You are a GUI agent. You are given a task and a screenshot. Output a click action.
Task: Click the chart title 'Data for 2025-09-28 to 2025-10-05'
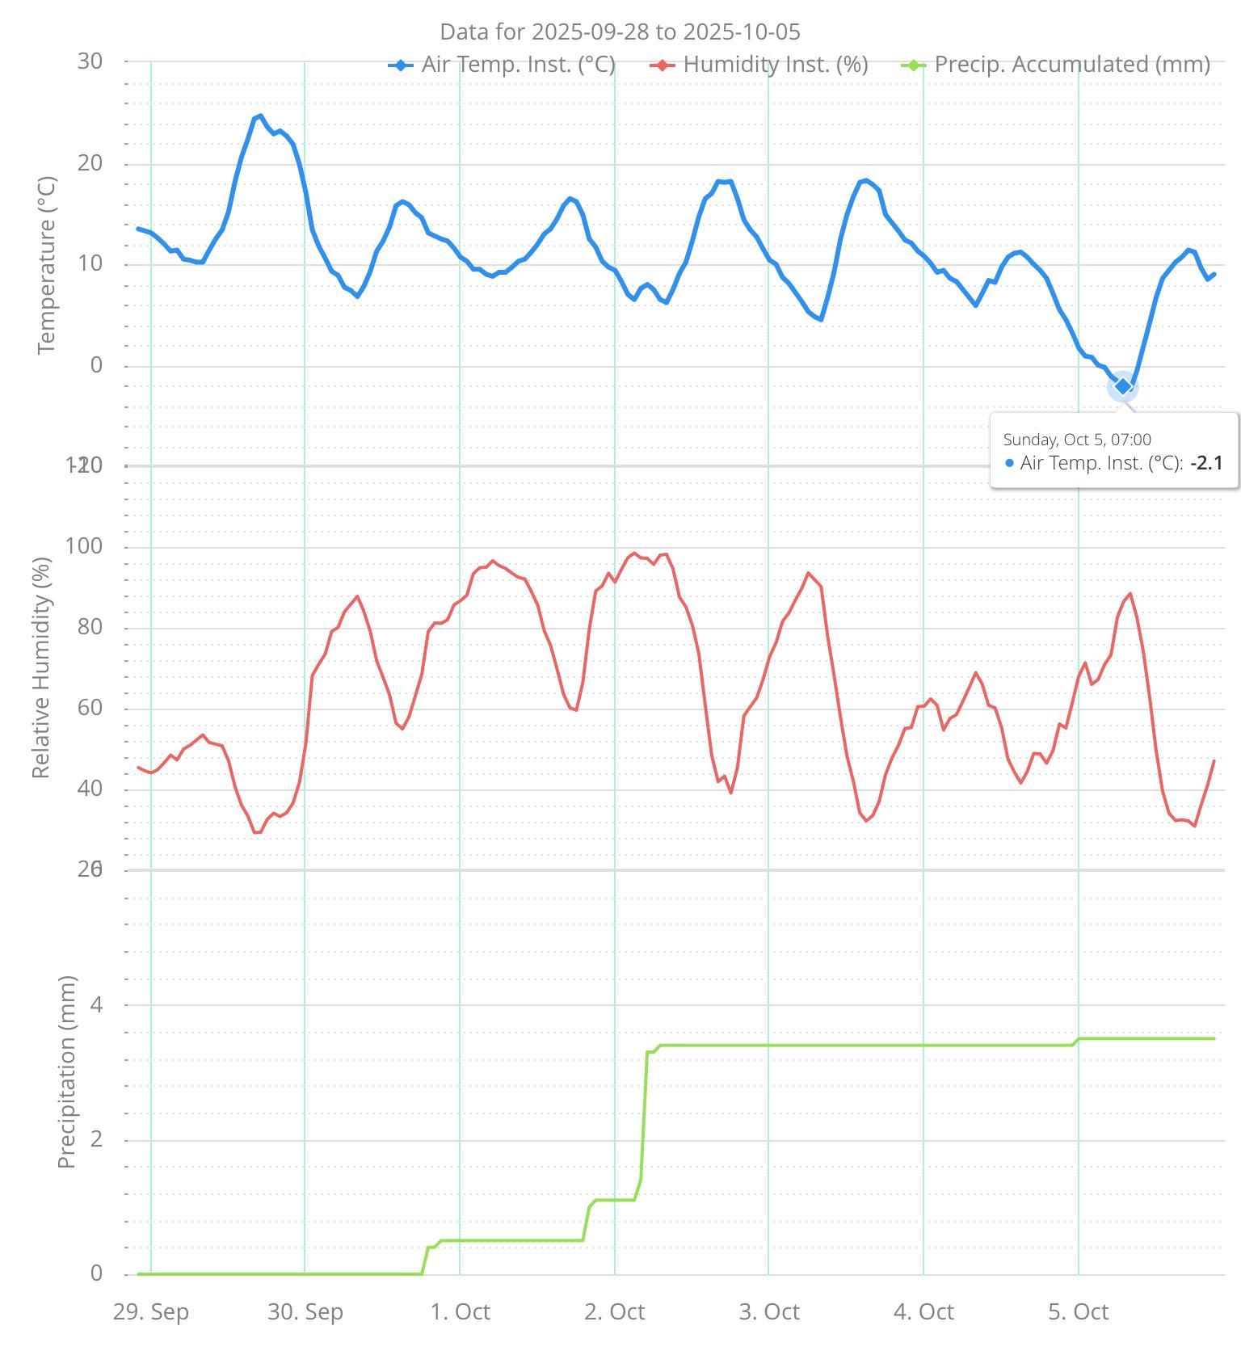click(620, 32)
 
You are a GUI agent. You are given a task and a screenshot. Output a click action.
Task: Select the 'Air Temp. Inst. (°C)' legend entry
click(518, 65)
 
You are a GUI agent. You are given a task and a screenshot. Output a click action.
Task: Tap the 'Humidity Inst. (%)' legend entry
click(775, 65)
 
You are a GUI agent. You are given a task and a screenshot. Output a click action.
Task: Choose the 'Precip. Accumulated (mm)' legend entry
click(1071, 65)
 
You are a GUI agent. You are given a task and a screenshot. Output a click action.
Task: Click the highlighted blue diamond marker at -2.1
click(1122, 387)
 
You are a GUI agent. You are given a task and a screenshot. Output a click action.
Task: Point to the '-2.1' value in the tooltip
click(1206, 463)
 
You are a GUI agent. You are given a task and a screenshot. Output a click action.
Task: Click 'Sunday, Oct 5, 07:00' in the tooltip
click(1077, 440)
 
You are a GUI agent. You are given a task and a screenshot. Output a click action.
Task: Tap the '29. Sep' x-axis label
click(151, 1311)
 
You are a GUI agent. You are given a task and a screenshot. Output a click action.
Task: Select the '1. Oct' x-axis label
click(460, 1311)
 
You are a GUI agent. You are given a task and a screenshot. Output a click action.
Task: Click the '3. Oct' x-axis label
click(769, 1311)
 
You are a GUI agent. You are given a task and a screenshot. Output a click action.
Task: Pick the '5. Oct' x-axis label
click(1079, 1311)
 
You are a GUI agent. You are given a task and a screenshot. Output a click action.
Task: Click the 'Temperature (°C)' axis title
click(47, 265)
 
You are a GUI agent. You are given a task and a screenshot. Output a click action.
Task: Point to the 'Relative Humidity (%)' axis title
click(41, 667)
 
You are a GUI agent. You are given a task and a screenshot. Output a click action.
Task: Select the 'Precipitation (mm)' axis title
click(67, 1071)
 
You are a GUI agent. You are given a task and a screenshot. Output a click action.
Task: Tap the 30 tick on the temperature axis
click(90, 61)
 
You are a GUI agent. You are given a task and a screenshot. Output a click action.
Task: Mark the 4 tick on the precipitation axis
click(97, 1005)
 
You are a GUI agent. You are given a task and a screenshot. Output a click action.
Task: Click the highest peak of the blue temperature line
click(260, 116)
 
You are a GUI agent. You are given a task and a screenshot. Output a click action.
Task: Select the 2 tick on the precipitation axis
click(97, 1140)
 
